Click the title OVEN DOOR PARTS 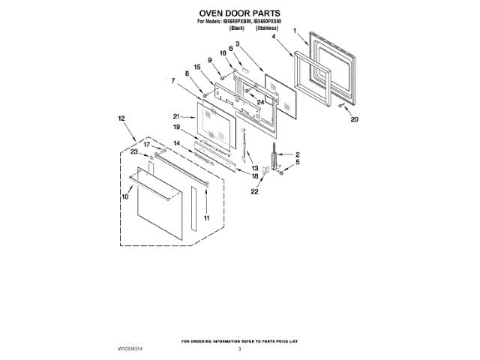pyautogui.click(x=239, y=13)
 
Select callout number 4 pyautogui.click(x=273, y=36)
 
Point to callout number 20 pyautogui.click(x=355, y=119)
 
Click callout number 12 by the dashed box pyautogui.click(x=121, y=118)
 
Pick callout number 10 pyautogui.click(x=125, y=196)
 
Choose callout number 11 pyautogui.click(x=206, y=217)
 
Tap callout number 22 pyautogui.click(x=253, y=192)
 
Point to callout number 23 pyautogui.click(x=134, y=151)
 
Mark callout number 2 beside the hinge pyautogui.click(x=297, y=154)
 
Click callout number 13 pyautogui.click(x=254, y=168)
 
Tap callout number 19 pyautogui.click(x=177, y=128)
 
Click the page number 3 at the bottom pyautogui.click(x=239, y=349)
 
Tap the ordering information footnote pyautogui.click(x=239, y=341)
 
